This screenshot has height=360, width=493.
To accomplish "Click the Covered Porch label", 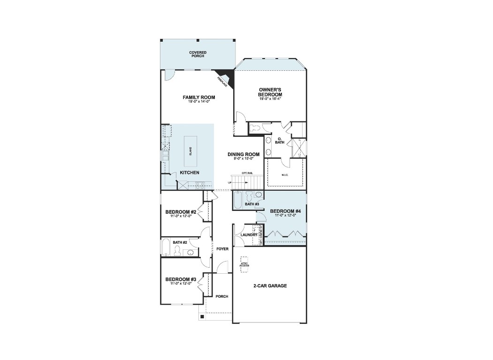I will tap(197, 54).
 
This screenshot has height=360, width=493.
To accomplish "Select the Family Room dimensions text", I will tap(198, 102).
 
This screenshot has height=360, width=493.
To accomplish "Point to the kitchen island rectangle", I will tap(190, 151).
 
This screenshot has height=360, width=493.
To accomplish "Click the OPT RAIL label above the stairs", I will tap(247, 173).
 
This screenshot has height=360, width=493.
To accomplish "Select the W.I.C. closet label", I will tap(284, 175).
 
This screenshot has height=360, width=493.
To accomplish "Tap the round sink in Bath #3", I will tap(258, 195).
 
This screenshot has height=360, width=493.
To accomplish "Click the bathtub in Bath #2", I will tap(166, 247).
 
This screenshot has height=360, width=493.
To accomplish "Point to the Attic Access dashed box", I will tap(244, 262).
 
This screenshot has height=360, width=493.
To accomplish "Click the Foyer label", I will tap(223, 249).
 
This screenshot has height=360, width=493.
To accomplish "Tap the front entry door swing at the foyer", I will tap(222, 267).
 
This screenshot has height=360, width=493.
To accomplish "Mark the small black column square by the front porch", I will tap(202, 317).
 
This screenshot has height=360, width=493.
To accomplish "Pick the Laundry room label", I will tap(249, 235).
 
